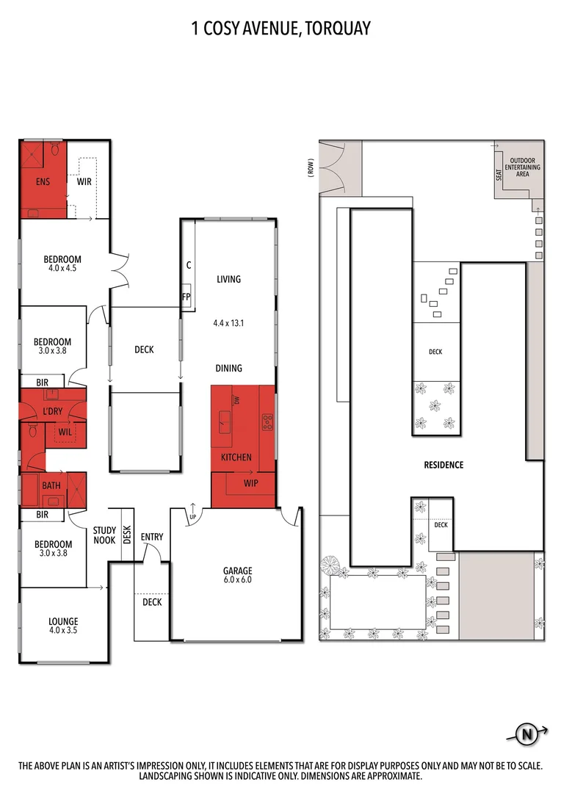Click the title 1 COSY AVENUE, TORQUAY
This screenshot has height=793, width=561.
[x=280, y=29]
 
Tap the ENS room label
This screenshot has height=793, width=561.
[x=42, y=181]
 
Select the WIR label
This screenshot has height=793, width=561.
[x=84, y=181]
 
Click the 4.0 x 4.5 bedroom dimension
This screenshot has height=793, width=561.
[x=62, y=269]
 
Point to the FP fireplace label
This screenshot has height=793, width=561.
[x=187, y=297]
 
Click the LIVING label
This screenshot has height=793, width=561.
[x=228, y=279]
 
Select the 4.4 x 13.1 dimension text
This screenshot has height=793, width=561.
[x=228, y=322]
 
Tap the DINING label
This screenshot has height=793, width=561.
[x=228, y=368]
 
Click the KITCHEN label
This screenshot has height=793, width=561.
[x=236, y=457]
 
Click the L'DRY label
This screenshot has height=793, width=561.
[x=51, y=412]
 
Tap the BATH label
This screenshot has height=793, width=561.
[x=51, y=485]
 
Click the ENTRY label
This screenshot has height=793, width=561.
[x=152, y=537]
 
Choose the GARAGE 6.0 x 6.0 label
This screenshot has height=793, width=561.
[x=237, y=575]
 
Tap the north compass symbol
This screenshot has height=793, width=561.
[x=526, y=732]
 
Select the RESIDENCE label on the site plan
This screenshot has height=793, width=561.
[x=443, y=465]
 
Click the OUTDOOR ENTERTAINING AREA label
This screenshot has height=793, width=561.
[x=522, y=167]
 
